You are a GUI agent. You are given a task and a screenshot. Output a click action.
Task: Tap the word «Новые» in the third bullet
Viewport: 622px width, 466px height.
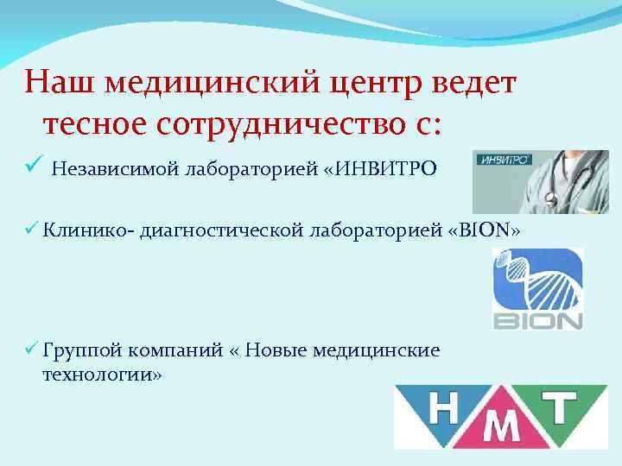pos(279,349)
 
